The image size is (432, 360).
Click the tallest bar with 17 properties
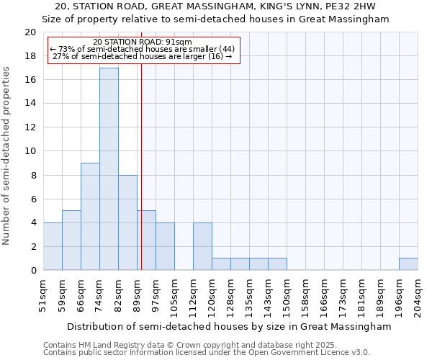[109, 169]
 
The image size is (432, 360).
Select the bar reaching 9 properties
[90, 217]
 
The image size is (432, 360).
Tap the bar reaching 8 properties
[127, 222]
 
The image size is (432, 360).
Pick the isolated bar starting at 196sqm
[408, 264]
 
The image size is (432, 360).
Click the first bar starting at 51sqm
[53, 246]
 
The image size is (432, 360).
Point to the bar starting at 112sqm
[202, 246]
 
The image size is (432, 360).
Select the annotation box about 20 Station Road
[143, 50]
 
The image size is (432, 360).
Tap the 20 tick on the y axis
[30, 32]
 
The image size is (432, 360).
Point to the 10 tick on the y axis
[30, 151]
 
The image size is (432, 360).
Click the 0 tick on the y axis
[33, 271]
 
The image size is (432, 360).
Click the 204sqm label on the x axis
[418, 294]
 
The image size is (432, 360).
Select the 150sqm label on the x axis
[287, 294]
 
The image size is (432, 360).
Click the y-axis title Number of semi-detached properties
[7, 156]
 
